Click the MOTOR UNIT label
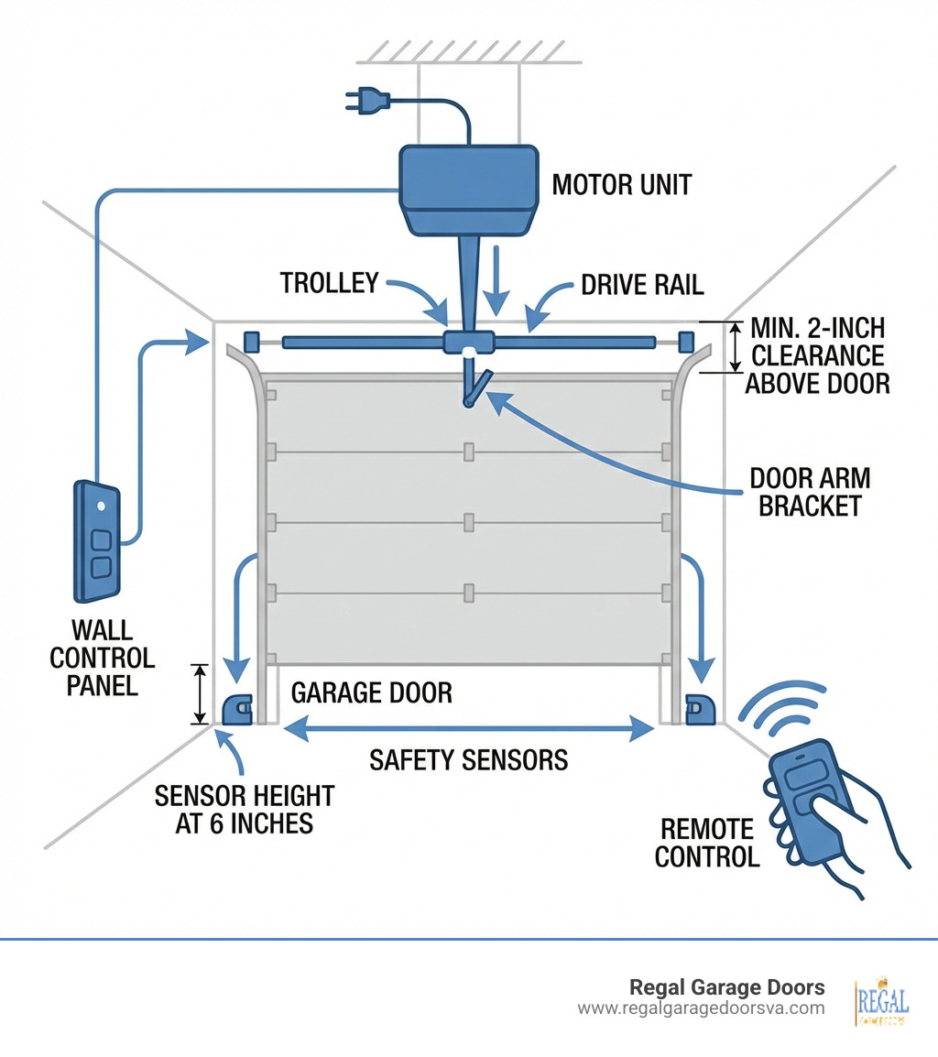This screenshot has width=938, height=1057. [621, 185]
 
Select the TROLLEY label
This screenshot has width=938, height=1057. [329, 283]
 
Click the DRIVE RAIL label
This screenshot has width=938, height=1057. [642, 285]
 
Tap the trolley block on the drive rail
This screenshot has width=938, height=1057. [468, 343]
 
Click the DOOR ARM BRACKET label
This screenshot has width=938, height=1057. [810, 491]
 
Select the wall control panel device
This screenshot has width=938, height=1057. [96, 541]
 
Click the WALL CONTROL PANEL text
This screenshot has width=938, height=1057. [103, 658]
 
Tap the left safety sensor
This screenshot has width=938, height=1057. [237, 709]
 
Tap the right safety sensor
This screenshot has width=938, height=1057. [702, 709]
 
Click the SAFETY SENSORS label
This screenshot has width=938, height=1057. [468, 759]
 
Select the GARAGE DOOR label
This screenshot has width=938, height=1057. [371, 692]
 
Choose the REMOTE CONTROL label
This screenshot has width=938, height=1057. [707, 843]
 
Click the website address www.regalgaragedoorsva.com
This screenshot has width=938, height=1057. [701, 1008]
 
